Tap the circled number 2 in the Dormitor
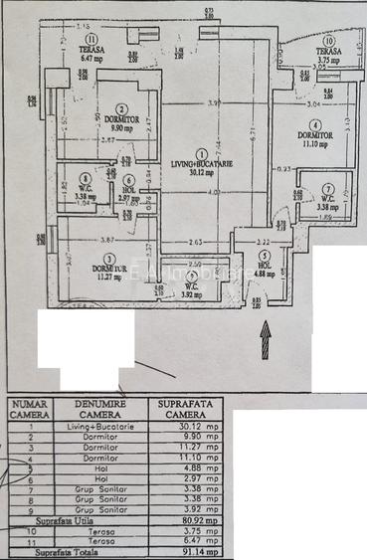click(x=121, y=109)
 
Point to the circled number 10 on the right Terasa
click(x=329, y=42)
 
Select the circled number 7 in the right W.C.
click(x=328, y=187)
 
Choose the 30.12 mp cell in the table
click(x=189, y=427)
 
